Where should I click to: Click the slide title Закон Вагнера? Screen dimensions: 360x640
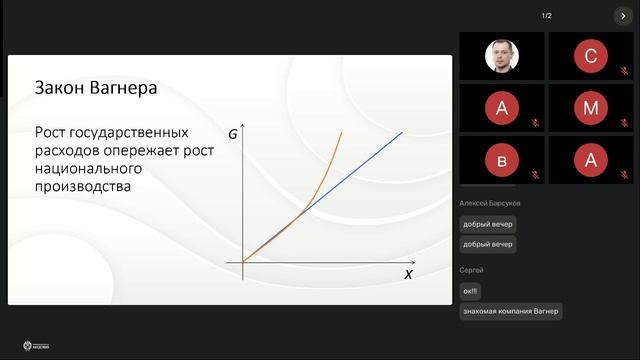pos(96,88)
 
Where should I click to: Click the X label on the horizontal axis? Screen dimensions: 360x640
pos(408,274)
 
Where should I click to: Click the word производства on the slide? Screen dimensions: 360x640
pos(83,186)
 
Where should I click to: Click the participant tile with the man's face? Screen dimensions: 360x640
pos(502,56)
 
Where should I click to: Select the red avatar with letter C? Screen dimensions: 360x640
pos(591,56)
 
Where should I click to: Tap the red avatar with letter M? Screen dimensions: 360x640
pos(591,107)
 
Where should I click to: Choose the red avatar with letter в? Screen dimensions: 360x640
pos(502,159)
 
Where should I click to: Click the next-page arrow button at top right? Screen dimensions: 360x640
pos(622,16)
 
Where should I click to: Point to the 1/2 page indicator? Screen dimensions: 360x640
pos(547,16)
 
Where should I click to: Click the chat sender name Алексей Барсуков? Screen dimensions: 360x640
pos(489,203)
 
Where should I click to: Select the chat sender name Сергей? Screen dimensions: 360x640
pos(471,270)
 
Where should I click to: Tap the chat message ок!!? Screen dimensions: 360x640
pos(470,291)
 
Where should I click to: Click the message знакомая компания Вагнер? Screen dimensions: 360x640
pos(511,311)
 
